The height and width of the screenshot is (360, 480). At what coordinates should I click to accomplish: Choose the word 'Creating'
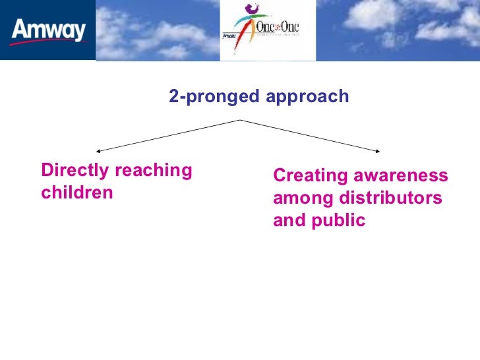(311, 176)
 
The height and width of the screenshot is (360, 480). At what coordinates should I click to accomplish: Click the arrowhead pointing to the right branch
(379, 152)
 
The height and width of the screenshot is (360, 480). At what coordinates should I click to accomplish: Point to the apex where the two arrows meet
(240, 121)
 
